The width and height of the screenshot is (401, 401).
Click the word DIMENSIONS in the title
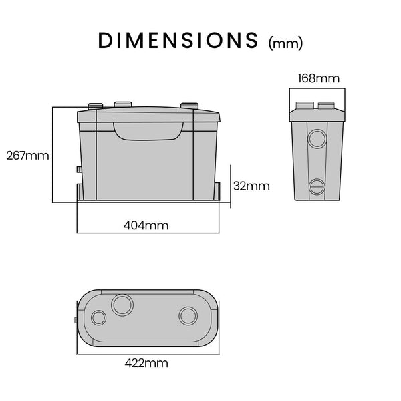tap(178, 40)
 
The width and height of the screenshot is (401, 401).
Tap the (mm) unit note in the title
tap(285, 43)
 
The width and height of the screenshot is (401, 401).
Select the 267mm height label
tap(27, 156)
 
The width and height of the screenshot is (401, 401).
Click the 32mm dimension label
tap(251, 186)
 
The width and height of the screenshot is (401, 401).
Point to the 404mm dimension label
tap(146, 225)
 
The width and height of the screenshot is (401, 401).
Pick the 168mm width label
tap(317, 79)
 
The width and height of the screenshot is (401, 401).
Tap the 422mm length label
tap(146, 364)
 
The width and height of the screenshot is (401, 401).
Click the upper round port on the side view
tap(316, 138)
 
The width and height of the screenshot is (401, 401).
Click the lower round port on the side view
tap(316, 186)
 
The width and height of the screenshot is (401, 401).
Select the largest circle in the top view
tap(123, 305)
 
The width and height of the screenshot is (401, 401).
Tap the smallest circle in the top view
tap(98, 318)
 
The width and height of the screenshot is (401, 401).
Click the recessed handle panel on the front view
tap(148, 129)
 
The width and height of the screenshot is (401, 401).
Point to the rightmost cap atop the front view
tap(190, 106)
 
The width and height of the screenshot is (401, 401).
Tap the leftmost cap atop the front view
tap(95, 106)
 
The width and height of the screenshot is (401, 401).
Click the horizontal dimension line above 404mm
tap(148, 233)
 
